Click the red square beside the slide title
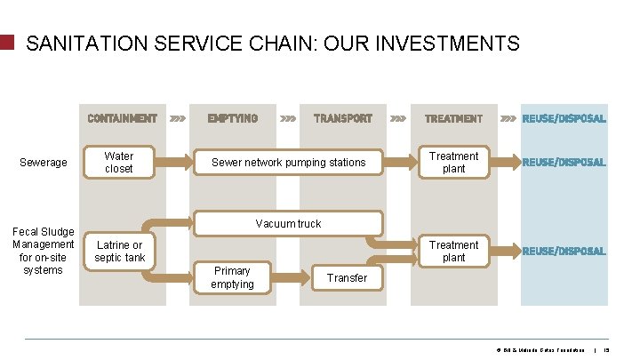[x=7, y=42]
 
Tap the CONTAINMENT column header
[x=122, y=118]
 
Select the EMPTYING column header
[x=232, y=118]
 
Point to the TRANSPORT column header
[x=343, y=118]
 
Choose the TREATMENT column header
[x=453, y=118]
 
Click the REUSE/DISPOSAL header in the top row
[x=564, y=118]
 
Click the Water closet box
[x=119, y=162]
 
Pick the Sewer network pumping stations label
[x=288, y=163]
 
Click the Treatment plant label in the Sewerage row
[x=453, y=162]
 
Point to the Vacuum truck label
[x=288, y=224]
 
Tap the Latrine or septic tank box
[x=119, y=252]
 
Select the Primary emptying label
[x=232, y=277]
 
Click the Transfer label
[x=347, y=278]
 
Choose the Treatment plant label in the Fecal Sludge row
[x=453, y=251]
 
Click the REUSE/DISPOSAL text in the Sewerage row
[x=564, y=163]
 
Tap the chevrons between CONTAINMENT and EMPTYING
[x=178, y=118]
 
